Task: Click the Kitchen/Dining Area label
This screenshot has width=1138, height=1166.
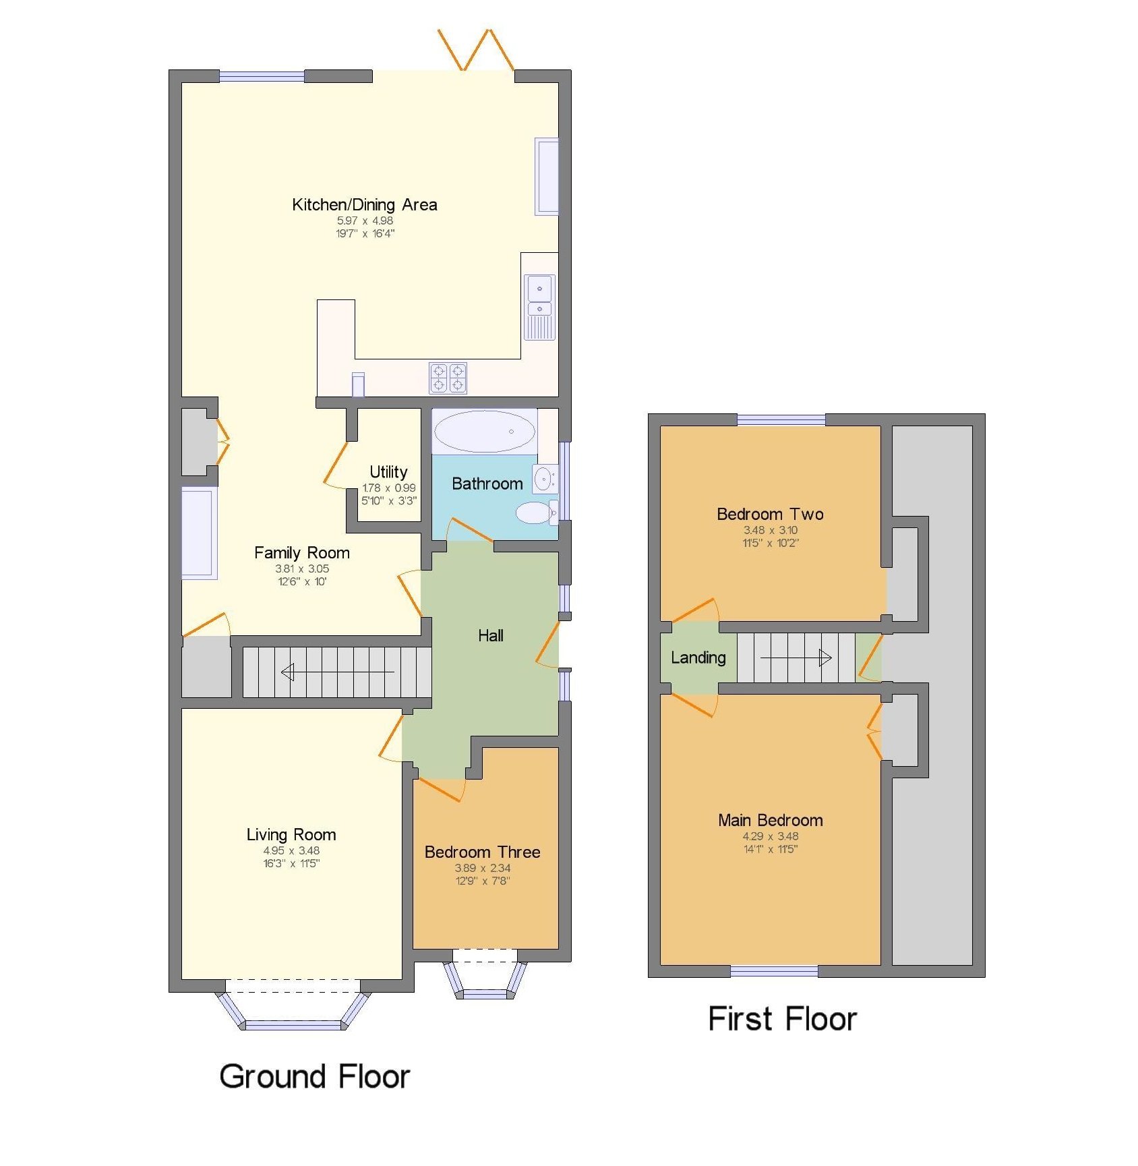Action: (364, 205)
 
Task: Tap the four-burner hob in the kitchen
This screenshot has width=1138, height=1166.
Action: (448, 378)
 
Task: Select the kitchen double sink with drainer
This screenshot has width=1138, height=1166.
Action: (539, 306)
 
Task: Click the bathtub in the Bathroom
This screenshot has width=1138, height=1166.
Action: (484, 432)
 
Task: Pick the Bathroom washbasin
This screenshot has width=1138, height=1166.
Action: (543, 479)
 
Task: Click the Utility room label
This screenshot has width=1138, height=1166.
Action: (388, 472)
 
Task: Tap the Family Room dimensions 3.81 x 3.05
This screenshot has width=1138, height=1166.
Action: (302, 569)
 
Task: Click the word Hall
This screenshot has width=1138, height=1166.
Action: (491, 635)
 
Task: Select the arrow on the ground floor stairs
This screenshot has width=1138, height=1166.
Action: (337, 672)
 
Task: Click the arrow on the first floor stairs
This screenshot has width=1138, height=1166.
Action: (796, 658)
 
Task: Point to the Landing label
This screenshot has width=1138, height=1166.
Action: (698, 658)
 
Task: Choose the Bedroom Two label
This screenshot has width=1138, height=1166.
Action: (770, 514)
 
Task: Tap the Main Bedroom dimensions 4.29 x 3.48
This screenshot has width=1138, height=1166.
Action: (770, 836)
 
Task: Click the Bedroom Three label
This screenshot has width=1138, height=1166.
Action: (482, 852)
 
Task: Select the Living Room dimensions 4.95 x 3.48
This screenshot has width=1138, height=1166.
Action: (291, 850)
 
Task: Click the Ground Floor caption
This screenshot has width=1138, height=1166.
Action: (314, 1076)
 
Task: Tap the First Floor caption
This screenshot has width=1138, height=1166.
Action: (782, 1018)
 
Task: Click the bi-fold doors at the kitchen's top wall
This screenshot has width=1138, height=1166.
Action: (476, 51)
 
